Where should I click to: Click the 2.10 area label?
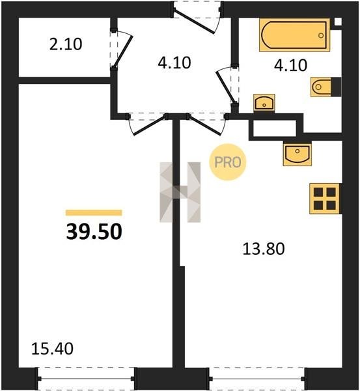tap(66, 44)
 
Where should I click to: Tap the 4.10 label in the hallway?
tap(174, 63)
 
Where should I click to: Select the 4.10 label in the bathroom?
tap(290, 65)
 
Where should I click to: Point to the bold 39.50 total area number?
tap(94, 231)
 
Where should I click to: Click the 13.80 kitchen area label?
tap(264, 249)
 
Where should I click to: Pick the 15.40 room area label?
tap(52, 349)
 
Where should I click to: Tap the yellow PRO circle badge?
tap(227, 162)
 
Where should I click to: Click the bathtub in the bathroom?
tap(295, 35)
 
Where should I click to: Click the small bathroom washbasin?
tap(264, 102)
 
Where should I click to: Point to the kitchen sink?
tap(298, 155)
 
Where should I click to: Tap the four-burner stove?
tap(325, 199)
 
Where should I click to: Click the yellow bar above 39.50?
tap(94, 212)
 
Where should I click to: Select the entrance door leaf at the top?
tap(194, 22)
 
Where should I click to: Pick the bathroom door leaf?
tap(226, 87)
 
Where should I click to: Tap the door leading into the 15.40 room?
tap(150, 125)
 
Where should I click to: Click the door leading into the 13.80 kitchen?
tap(204, 125)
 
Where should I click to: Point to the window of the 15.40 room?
tap(86, 379)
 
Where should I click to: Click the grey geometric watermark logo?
tap(180, 192)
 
